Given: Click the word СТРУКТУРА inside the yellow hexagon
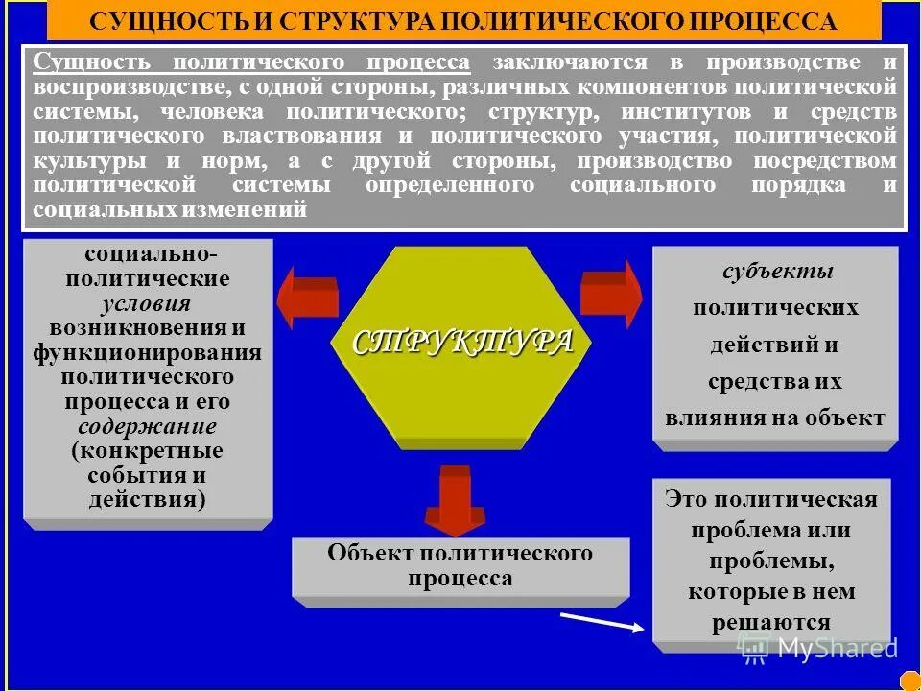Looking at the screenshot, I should (x=463, y=343).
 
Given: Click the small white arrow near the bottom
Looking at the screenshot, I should (x=601, y=621).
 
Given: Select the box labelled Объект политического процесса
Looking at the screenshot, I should (x=460, y=566).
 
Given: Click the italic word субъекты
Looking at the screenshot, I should (x=777, y=272).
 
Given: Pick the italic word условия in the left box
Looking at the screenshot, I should (x=147, y=303).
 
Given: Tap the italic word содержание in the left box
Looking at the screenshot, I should (x=147, y=426).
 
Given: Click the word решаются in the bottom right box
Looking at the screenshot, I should (x=770, y=622).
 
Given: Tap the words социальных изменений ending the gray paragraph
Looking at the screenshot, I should (x=170, y=209).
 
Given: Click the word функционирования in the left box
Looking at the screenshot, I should (x=147, y=352).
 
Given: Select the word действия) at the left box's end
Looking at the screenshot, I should (x=147, y=500).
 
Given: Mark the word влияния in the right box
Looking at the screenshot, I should (x=713, y=417).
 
